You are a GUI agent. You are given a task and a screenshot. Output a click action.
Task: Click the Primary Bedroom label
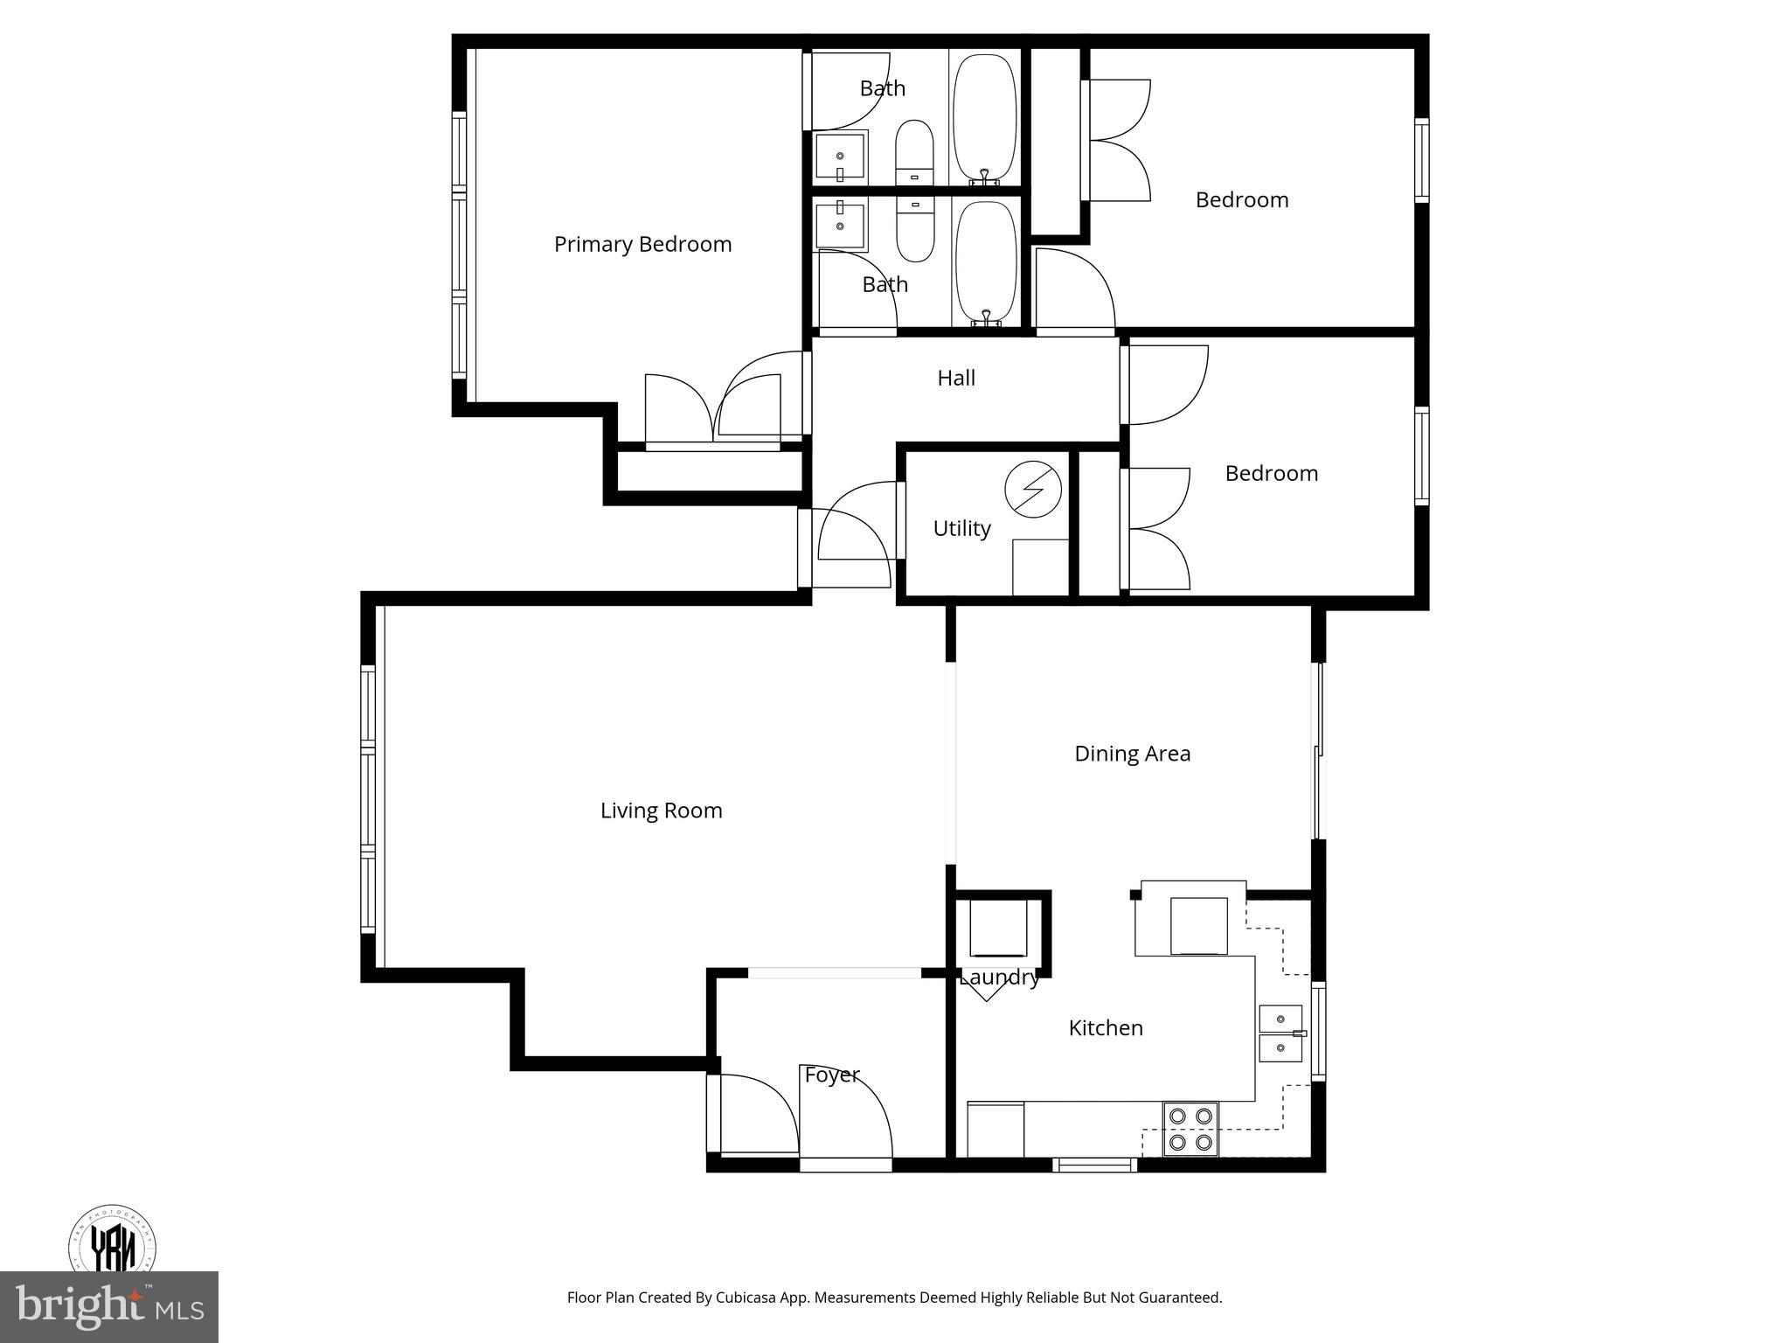point(642,244)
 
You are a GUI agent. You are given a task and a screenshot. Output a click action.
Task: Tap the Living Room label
point(661,811)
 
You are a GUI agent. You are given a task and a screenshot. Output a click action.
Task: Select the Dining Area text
point(1132,754)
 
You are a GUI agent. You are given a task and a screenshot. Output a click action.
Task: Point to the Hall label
point(956,378)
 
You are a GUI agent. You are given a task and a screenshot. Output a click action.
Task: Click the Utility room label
point(961,528)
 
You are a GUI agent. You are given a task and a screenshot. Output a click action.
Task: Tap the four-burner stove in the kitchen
point(1190,1129)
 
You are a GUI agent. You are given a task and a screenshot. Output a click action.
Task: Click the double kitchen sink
point(1281,1033)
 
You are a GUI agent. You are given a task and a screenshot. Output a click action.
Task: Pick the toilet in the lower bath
point(915,229)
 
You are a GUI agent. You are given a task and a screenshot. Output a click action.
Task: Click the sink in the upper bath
point(840,158)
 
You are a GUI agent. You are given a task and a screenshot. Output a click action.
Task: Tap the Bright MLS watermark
point(108,1306)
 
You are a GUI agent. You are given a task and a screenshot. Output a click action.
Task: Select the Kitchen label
point(1106,1028)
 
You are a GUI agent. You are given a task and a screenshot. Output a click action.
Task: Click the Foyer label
point(832,1075)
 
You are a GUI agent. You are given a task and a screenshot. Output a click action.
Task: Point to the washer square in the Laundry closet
point(997,929)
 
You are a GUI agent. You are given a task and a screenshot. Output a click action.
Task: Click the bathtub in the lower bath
point(986,260)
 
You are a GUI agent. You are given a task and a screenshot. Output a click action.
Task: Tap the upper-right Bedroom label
point(1242,200)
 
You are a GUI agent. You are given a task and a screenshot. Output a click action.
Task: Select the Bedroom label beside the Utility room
point(1271,473)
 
